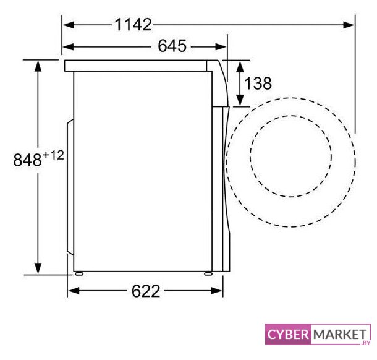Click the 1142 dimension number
133,25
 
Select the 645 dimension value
172,46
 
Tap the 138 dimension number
258,84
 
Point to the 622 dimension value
146,291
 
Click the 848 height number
27,160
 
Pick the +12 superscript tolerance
53,155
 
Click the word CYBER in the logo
288,334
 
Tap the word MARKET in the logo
340,334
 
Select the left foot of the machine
79,273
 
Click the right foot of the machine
208,273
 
